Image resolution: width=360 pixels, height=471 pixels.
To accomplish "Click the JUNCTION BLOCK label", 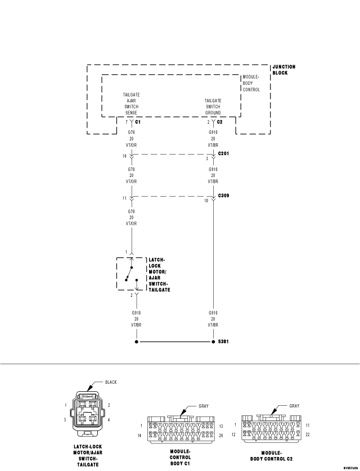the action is [x=284, y=70].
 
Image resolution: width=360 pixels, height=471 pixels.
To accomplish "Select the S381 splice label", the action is [x=223, y=342].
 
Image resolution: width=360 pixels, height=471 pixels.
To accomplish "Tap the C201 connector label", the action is [x=223, y=153].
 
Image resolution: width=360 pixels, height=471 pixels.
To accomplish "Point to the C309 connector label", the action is [x=223, y=196].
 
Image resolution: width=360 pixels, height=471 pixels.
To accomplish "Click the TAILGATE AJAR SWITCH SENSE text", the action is [x=131, y=103].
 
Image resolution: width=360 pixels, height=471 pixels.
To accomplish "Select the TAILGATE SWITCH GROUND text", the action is [x=213, y=107].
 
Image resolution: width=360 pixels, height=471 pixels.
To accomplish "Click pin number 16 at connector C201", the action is [x=124, y=156].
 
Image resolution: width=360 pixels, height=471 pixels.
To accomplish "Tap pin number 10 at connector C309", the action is [x=206, y=201].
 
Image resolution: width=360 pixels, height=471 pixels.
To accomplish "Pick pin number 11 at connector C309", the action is [x=124, y=198].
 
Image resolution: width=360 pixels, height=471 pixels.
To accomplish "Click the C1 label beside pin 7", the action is [x=138, y=122].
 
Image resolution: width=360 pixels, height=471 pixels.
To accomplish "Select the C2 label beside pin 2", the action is [x=220, y=122].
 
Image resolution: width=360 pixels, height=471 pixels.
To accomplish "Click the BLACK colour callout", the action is [x=111, y=382].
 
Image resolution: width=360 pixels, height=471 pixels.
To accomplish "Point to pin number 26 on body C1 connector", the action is [x=221, y=436].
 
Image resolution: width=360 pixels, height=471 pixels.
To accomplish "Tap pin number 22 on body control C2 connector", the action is [x=308, y=434].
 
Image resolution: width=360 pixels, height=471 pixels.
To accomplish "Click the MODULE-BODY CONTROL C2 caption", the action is [x=271, y=456].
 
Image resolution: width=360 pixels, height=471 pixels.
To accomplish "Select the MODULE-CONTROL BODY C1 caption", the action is [x=181, y=457].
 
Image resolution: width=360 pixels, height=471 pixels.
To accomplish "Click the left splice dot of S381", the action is [x=137, y=342].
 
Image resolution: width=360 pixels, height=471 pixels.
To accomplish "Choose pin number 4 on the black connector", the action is [x=109, y=420].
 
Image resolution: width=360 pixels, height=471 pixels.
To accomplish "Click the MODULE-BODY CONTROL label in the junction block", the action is [x=251, y=83].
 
